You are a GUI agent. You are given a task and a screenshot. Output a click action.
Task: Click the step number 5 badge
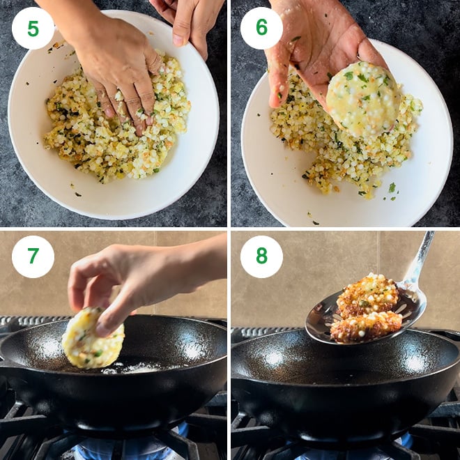coord(33,29)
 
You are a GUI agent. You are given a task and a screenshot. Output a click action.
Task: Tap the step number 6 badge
coord(261,29)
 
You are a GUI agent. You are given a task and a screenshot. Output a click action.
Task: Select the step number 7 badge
coord(33,256)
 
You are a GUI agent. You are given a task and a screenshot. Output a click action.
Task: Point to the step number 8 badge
coord(261,256)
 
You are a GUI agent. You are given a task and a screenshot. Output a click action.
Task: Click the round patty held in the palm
coord(363,98)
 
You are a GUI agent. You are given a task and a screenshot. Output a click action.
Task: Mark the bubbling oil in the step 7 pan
coord(132,366)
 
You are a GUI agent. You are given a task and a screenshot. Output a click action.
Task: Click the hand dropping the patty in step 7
coord(132,279)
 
